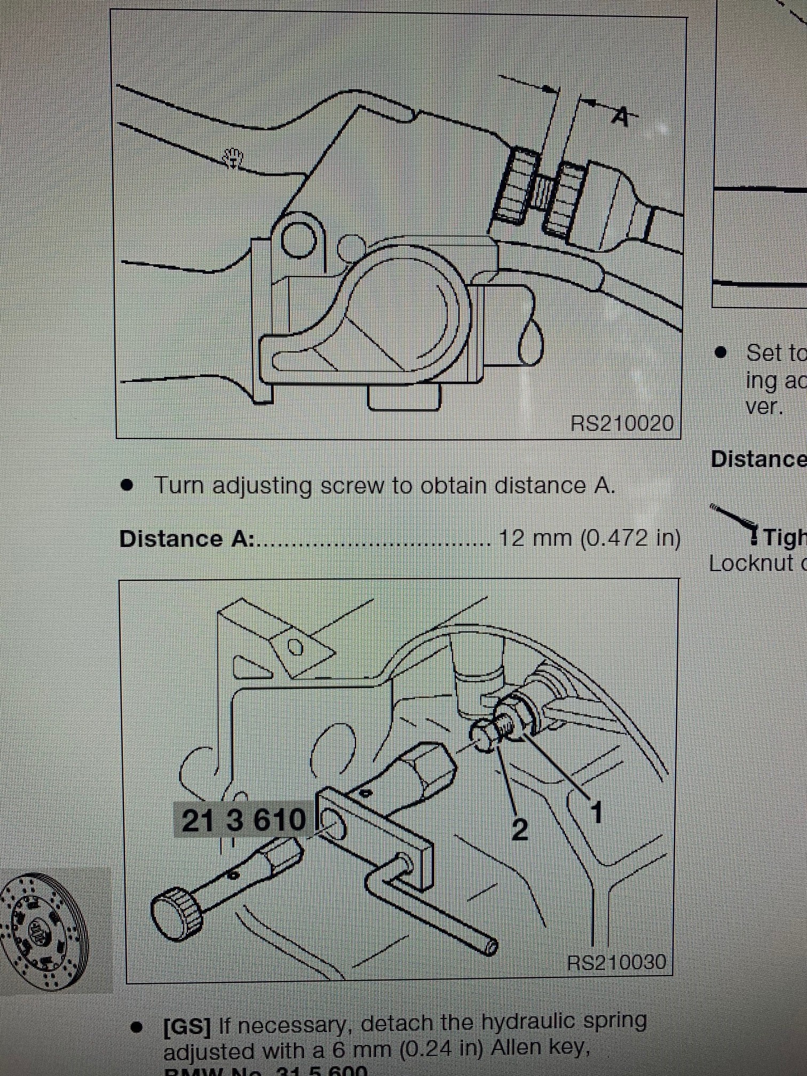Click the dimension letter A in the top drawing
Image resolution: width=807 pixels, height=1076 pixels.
620,116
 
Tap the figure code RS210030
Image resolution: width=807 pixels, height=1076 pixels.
616,962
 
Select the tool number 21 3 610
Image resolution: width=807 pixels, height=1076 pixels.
243,820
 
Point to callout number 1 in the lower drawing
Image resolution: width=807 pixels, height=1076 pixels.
596,813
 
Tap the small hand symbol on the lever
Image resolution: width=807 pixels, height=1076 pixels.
233,158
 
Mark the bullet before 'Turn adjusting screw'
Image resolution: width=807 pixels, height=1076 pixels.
127,485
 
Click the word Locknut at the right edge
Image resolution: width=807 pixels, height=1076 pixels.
750,564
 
